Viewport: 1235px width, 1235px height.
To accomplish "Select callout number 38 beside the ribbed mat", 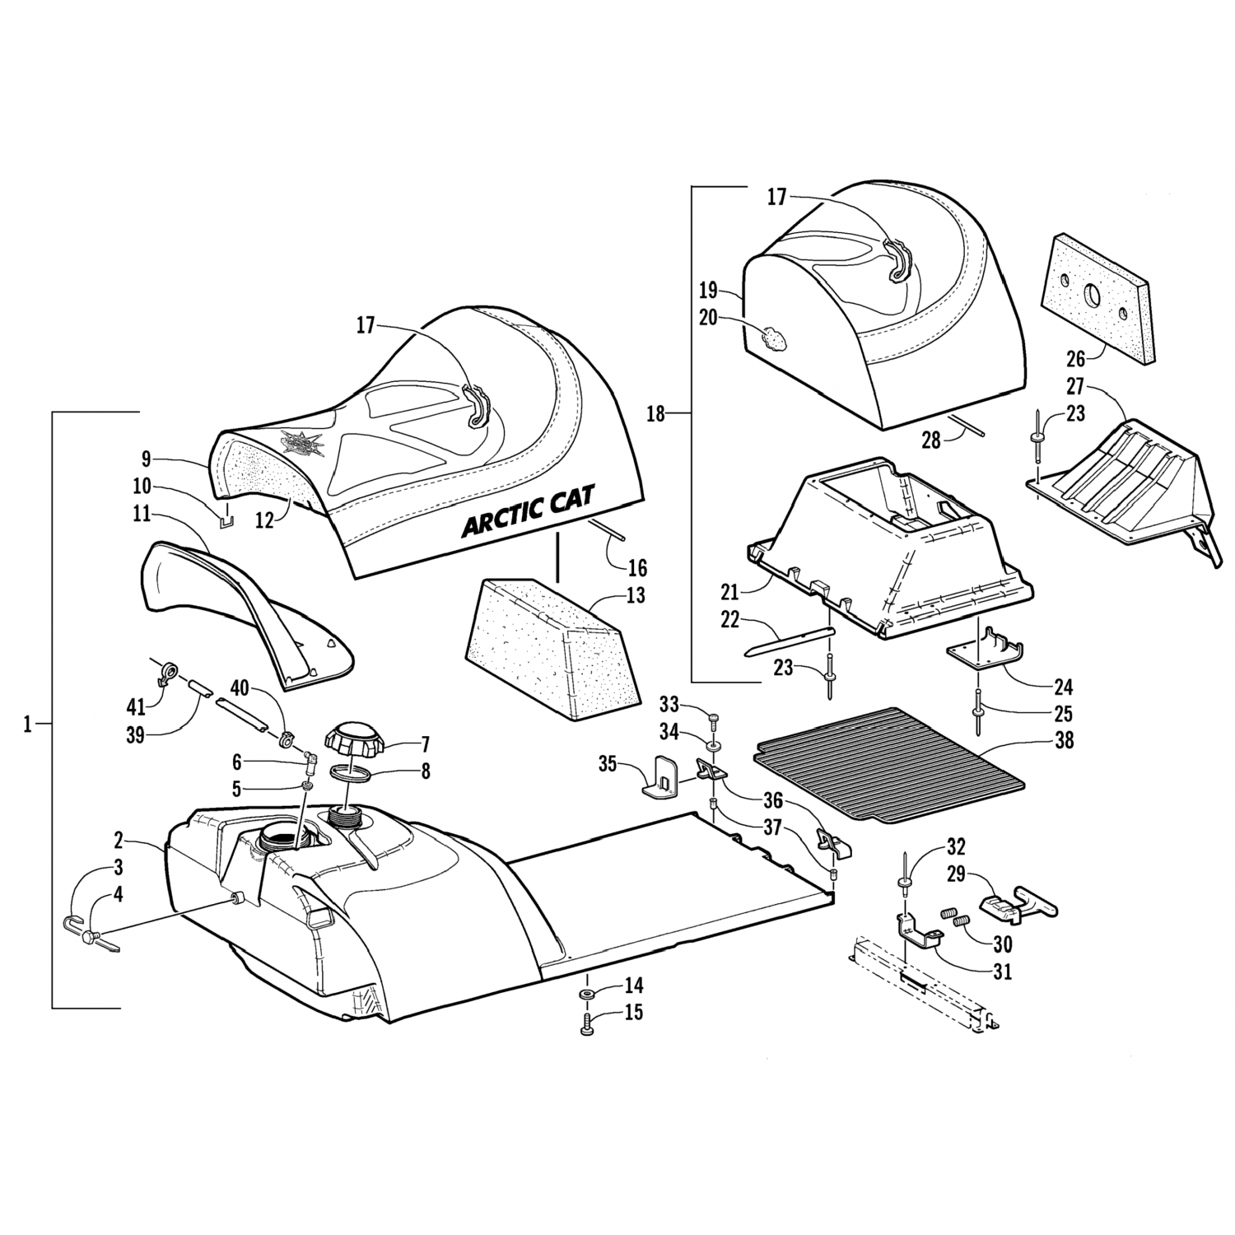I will tap(1064, 740).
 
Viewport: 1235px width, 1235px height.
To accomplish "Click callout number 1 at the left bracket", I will tap(27, 725).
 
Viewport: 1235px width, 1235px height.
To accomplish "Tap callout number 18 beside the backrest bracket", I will tap(655, 414).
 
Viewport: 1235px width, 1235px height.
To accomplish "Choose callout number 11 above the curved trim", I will tap(142, 515).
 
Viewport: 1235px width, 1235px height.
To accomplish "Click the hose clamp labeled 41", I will tap(165, 673).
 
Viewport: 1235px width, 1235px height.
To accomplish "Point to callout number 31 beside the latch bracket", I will tap(1002, 972).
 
